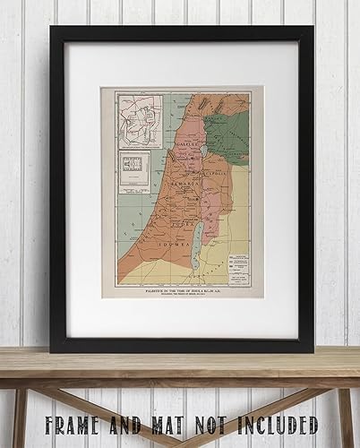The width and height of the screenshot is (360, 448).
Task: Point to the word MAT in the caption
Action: coord(156,423)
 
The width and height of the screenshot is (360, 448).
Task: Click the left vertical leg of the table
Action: coord(18,418)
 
